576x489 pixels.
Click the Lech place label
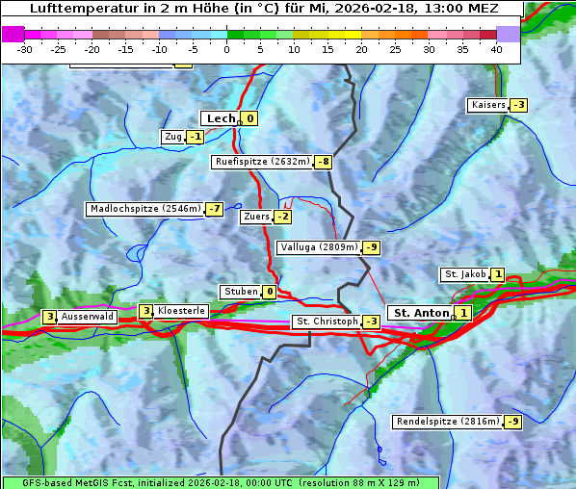[x=221, y=118]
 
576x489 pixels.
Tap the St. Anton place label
[x=421, y=313]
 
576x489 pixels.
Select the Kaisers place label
[x=487, y=105]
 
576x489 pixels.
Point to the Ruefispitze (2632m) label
[x=262, y=162]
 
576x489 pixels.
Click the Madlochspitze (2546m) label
[x=144, y=209]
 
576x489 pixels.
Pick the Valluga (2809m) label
[x=319, y=247]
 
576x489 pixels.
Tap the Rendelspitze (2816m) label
[x=449, y=422]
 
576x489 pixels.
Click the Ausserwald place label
[x=88, y=316]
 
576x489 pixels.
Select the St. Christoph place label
[x=326, y=322]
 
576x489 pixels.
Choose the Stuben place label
[x=241, y=292]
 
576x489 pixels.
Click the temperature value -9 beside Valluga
[x=372, y=247]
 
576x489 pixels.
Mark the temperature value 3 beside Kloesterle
[x=145, y=311]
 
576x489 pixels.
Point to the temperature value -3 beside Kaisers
[x=518, y=105]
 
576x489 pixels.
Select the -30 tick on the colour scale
[x=25, y=48]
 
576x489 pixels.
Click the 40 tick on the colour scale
[x=496, y=48]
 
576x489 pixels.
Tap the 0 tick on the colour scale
[x=226, y=48]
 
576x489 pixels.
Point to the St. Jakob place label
[x=464, y=274]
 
